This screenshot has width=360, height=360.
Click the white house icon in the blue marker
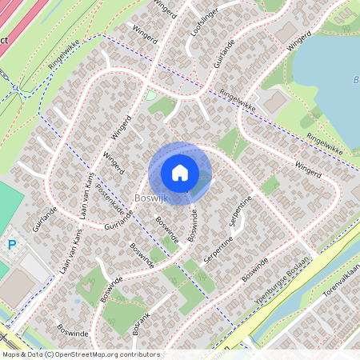(x=180, y=172)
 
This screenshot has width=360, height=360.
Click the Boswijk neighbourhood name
(x=150, y=198)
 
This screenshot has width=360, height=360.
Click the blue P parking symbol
(x=10, y=244)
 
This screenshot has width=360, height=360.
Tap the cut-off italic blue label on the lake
(x=355, y=80)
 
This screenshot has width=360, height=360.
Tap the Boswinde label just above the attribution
(x=72, y=330)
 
